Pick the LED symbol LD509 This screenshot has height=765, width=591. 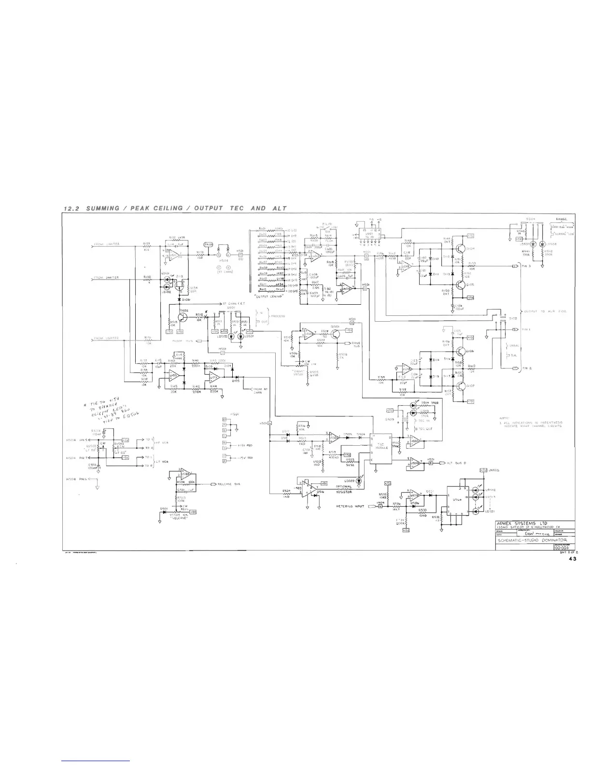[x=358, y=481]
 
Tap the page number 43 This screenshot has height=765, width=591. [x=572, y=559]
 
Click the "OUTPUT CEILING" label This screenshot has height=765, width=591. [x=268, y=296]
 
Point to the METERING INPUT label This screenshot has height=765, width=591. [x=352, y=506]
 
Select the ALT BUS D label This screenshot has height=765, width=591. [x=453, y=463]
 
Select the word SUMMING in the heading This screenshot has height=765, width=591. [x=102, y=208]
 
